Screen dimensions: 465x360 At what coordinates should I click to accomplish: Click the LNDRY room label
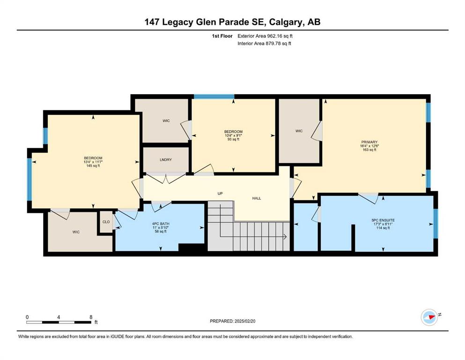pyautogui.click(x=166, y=160)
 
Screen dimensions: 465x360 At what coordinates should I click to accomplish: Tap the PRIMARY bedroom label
pyautogui.click(x=369, y=142)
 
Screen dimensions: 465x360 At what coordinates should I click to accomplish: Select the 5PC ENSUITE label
pyautogui.click(x=383, y=220)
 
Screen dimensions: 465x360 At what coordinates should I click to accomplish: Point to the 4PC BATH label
pyautogui.click(x=161, y=224)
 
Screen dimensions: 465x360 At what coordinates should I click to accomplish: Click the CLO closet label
pyautogui.click(x=106, y=222)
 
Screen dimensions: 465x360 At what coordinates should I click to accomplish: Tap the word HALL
pyautogui.click(x=257, y=198)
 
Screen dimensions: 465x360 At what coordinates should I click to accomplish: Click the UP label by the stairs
pyautogui.click(x=220, y=194)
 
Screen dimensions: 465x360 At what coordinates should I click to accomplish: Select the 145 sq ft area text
pyautogui.click(x=93, y=166)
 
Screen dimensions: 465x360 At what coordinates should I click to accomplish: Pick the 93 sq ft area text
pyautogui.click(x=233, y=139)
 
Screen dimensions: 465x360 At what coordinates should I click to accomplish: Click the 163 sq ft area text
pyautogui.click(x=369, y=150)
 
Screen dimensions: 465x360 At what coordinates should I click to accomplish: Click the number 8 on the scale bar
pyautogui.click(x=91, y=317)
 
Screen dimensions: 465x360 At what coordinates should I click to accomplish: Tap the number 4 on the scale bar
pyautogui.click(x=59, y=317)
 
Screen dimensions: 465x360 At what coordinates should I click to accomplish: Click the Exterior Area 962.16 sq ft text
pyautogui.click(x=265, y=36)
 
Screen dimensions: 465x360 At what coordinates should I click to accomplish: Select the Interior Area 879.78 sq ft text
pyautogui.click(x=264, y=43)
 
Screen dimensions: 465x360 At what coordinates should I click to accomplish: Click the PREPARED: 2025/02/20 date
pyautogui.click(x=232, y=321)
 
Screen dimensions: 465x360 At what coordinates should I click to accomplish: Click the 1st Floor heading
pyautogui.click(x=222, y=36)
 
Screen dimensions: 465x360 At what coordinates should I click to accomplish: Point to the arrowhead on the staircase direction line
pyautogui.click(x=285, y=237)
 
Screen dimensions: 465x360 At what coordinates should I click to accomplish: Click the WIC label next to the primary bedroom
pyautogui.click(x=299, y=131)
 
